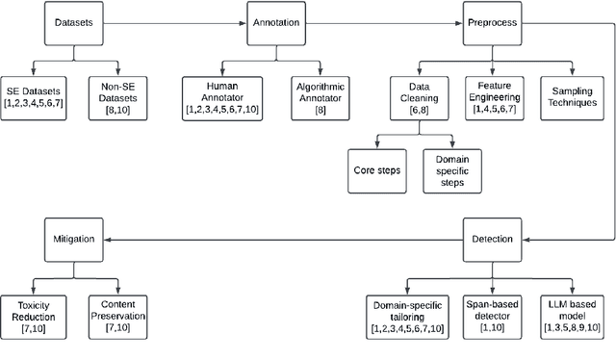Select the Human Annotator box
[x=222, y=96]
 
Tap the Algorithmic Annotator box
[x=319, y=96]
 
